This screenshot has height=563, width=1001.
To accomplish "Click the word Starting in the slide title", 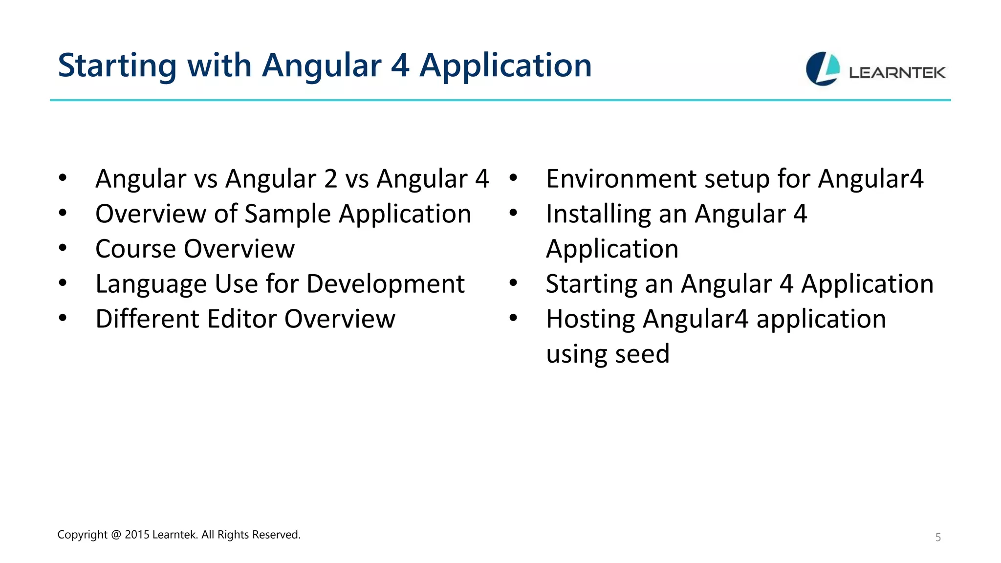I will point(117,65).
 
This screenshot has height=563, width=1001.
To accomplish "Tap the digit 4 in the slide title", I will point(400,65).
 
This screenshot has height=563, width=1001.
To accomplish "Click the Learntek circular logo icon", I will point(823,69).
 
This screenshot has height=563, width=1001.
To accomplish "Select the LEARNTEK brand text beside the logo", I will point(897,73).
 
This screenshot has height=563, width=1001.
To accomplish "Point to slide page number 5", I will point(938,538).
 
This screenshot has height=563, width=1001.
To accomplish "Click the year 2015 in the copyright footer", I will point(137,535).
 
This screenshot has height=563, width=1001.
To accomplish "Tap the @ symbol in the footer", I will point(116,535).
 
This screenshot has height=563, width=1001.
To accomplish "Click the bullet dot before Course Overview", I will point(63,248).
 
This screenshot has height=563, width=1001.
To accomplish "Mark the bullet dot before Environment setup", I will point(513,178).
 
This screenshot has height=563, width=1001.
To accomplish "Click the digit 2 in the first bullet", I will point(330,178).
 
